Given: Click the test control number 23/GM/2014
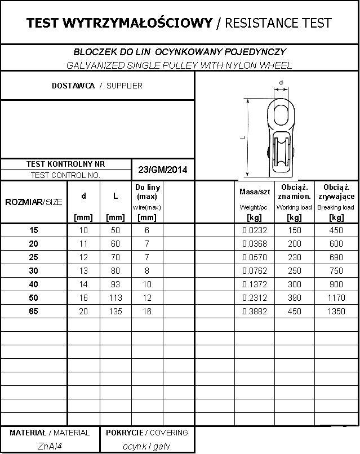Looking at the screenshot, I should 162,170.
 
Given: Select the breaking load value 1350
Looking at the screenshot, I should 336,311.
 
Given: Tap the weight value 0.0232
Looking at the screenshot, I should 254,230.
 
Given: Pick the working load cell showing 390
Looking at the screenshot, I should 294,297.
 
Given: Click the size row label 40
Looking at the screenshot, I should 34,284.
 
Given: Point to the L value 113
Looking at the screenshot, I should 115,297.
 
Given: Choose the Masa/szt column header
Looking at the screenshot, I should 254,192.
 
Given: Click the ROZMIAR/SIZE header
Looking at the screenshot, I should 34,202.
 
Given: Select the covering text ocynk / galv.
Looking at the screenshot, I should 147,446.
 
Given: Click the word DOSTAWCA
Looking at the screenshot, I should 73,86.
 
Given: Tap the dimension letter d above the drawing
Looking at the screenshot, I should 281,83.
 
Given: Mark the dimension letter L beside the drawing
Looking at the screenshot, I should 241,136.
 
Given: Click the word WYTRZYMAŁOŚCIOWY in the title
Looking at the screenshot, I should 137,23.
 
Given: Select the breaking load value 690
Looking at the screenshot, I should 336,257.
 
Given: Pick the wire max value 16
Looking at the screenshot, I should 147,311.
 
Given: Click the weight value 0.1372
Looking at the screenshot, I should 254,284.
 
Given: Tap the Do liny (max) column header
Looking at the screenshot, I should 147,192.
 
